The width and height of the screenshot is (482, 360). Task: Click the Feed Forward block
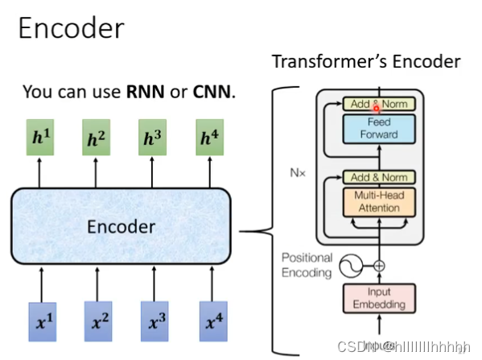(378, 129)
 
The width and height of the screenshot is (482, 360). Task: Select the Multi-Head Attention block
(378, 201)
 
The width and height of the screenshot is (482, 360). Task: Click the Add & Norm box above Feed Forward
(378, 104)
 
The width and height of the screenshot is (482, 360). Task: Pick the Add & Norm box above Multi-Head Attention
(378, 176)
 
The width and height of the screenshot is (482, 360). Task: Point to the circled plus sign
(378, 264)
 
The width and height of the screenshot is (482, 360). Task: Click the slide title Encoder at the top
(71, 29)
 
